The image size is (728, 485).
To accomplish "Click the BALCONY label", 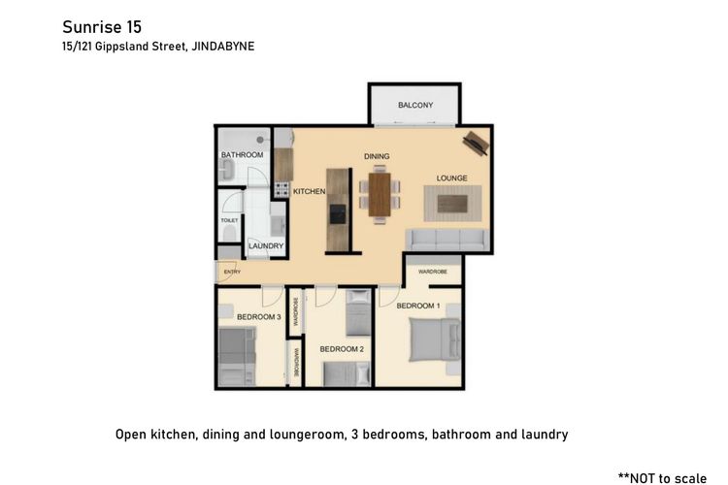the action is pos(415,106).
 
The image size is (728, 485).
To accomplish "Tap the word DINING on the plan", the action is pos(377,156).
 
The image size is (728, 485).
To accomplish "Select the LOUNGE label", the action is pos(451,178).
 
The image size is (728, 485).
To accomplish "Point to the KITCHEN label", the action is pos(310,191).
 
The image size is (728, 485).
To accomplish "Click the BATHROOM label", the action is pos(242,154).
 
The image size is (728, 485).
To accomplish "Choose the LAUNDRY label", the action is pos(266,246).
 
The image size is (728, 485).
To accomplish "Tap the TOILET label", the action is pos(229,220).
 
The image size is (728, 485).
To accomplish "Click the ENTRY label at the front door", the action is pos(232,272).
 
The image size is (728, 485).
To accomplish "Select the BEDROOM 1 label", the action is pos(418,306).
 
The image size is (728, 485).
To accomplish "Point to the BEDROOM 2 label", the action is pos(342,349).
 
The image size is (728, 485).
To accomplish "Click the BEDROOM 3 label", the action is pos(258,317).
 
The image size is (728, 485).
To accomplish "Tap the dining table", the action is pos(380,194).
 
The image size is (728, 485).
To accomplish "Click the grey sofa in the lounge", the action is pos(448,240).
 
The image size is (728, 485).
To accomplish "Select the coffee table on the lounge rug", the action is pos(452,204).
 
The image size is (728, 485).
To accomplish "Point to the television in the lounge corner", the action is pos(477,143).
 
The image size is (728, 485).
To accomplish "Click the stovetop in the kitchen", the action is pos(281,189).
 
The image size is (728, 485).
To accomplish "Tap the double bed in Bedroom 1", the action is pos(435,339).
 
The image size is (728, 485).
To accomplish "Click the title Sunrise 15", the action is pos(102,27).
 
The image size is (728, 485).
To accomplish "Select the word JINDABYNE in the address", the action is pos(223,47).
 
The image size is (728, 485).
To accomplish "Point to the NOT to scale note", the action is pos(663,478).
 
